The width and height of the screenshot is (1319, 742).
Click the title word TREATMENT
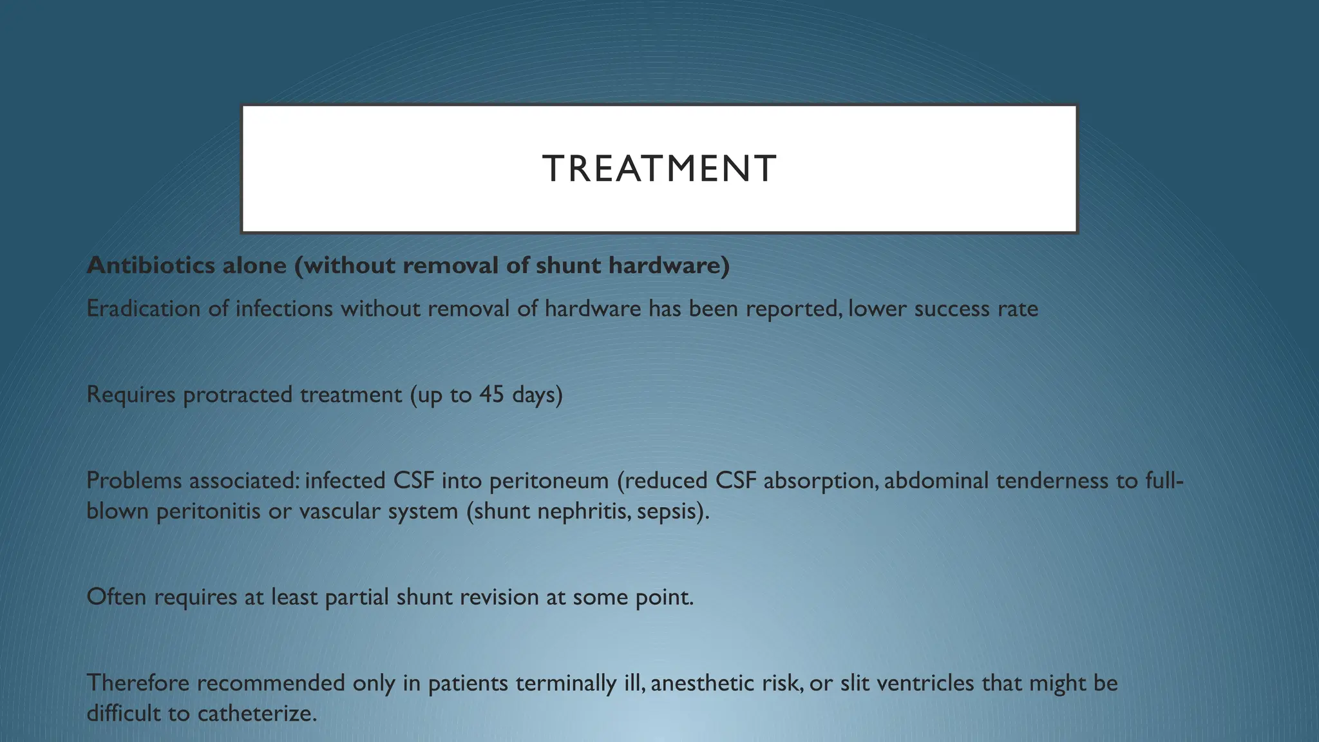tap(659, 169)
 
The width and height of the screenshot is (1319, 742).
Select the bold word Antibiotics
tap(151, 265)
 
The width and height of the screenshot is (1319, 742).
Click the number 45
tap(491, 394)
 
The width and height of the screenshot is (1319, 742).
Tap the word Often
tap(116, 597)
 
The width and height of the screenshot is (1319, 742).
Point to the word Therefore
tap(138, 683)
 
